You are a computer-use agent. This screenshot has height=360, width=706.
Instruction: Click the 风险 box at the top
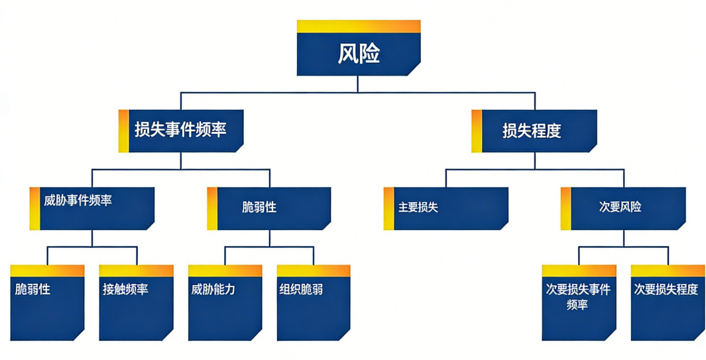click(358, 53)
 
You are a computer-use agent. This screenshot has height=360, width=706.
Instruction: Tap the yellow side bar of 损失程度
click(477, 131)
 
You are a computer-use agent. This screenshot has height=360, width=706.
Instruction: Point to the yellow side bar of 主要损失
click(388, 208)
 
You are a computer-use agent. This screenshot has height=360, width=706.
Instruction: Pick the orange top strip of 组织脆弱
click(314, 270)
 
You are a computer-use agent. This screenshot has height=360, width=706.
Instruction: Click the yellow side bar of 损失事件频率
click(123, 131)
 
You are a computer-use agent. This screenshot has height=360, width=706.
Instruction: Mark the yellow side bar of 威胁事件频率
click(34, 208)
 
